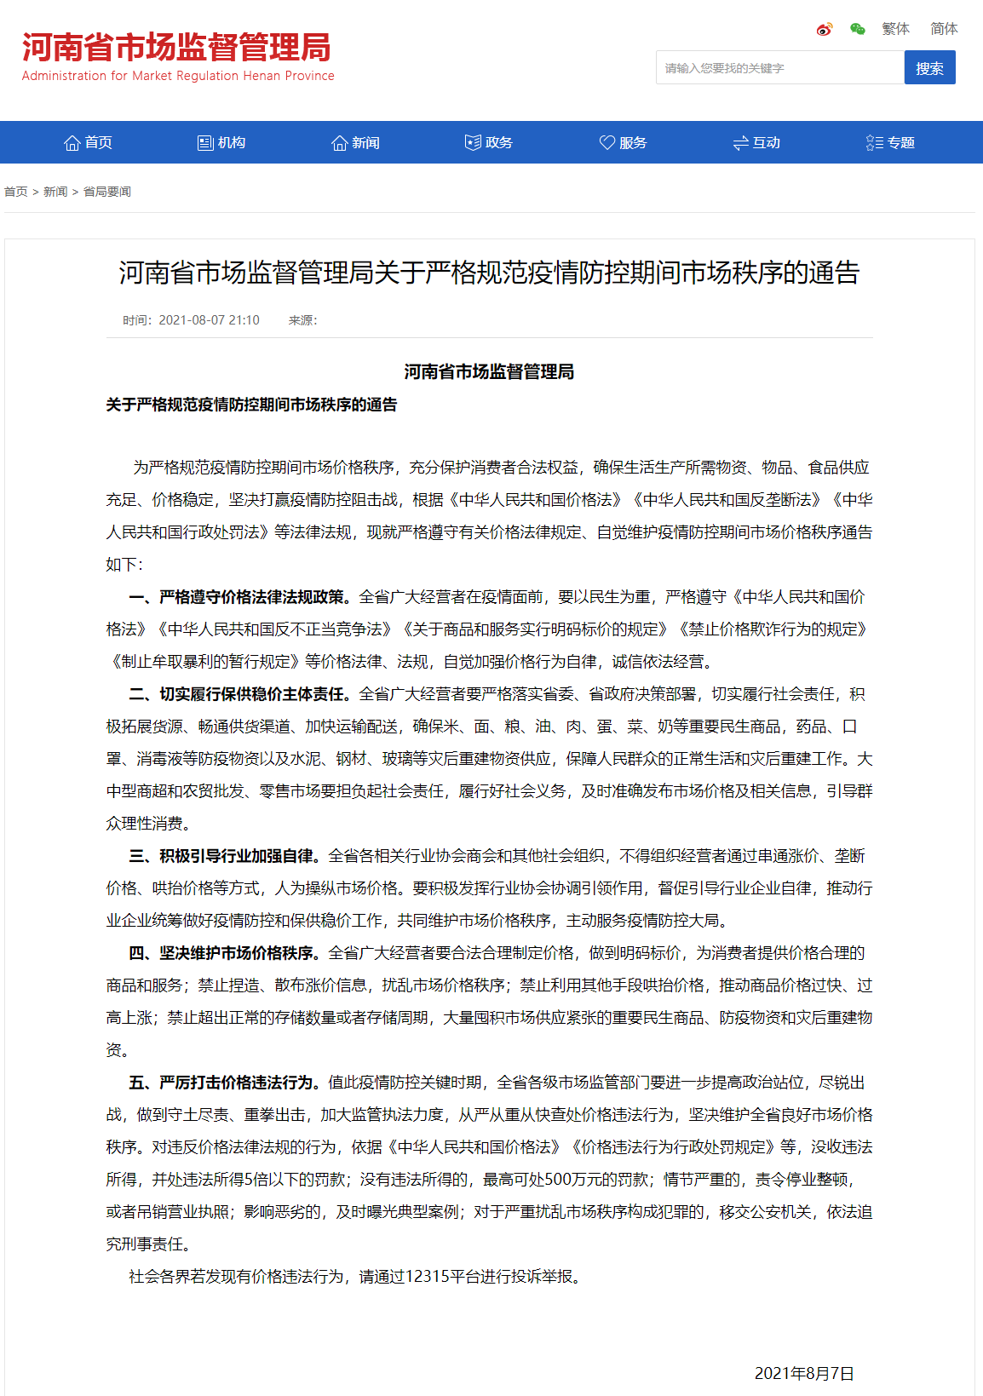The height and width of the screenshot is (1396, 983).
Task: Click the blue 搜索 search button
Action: [929, 68]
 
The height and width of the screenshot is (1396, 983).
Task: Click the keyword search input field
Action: [779, 68]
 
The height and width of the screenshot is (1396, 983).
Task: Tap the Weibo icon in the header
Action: [824, 30]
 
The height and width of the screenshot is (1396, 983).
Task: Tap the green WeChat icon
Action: [858, 30]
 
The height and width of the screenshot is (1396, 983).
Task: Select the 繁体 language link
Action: [895, 29]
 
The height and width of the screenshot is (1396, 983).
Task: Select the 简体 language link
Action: [944, 29]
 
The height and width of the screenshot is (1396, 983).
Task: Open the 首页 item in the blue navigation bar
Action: [89, 142]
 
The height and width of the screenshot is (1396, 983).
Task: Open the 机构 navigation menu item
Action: [221, 142]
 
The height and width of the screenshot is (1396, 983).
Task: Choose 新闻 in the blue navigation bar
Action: [355, 142]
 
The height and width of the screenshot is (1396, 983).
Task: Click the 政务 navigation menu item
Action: [489, 142]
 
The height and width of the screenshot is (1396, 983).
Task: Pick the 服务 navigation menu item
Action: [623, 142]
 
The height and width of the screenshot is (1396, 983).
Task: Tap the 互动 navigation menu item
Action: [756, 142]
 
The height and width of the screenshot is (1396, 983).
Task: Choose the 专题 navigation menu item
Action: [890, 142]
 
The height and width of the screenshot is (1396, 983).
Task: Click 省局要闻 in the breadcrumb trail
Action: [107, 192]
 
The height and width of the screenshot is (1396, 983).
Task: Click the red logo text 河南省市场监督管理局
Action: [176, 48]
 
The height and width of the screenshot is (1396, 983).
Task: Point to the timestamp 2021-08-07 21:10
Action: [209, 320]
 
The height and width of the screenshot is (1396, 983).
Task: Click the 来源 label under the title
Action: [302, 320]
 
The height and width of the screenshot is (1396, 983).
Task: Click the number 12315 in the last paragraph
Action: [427, 1276]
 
